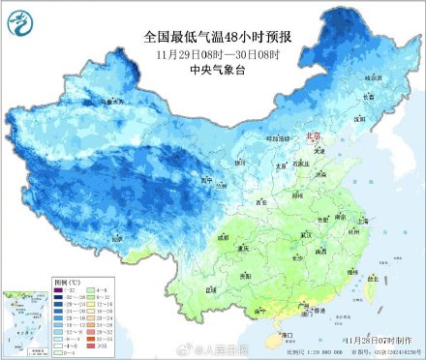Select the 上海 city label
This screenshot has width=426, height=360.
(x=366, y=220)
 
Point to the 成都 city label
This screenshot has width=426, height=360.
(x=224, y=234)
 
